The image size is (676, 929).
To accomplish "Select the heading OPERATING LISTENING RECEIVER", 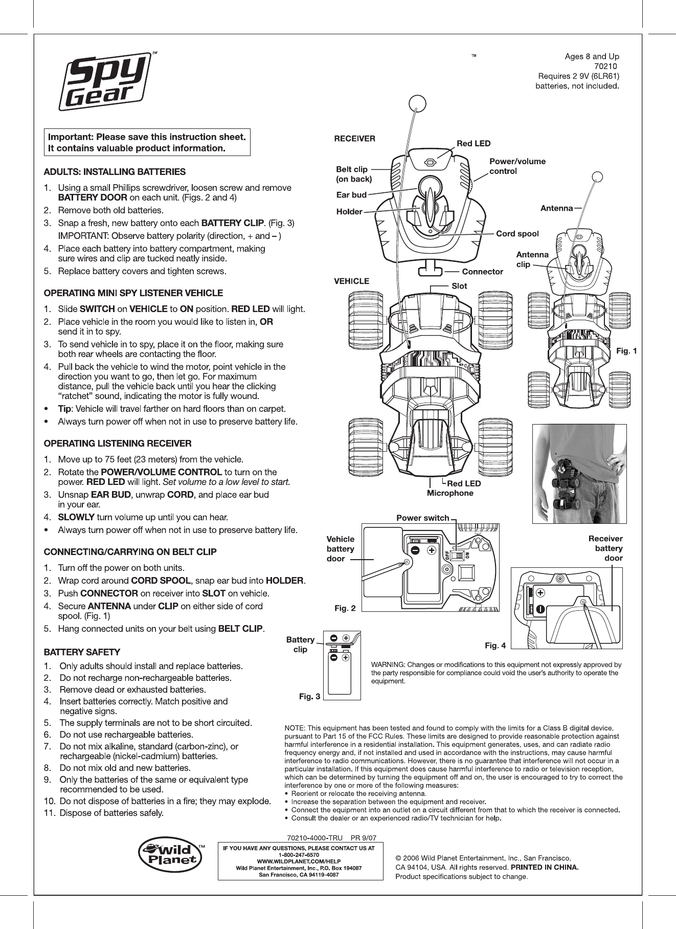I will tap(118, 443).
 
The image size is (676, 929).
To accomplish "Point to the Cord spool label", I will tap(517, 234).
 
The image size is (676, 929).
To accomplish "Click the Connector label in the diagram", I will tap(482, 272).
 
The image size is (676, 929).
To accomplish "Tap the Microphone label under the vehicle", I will tap(450, 493).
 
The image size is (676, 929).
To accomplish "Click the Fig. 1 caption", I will tap(626, 351).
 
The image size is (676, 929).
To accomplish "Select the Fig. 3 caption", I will tap(309, 696).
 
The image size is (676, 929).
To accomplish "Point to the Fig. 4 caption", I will tap(495, 646).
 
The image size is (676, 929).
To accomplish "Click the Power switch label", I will tap(423, 518).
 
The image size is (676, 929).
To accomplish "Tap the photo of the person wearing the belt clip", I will tap(579, 474).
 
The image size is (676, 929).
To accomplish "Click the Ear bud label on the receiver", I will tap(351, 195).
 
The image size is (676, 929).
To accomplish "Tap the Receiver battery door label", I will tap(605, 548).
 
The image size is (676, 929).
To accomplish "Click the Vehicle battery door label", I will tap(341, 548).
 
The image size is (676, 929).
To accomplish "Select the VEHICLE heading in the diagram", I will tap(351, 281).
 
